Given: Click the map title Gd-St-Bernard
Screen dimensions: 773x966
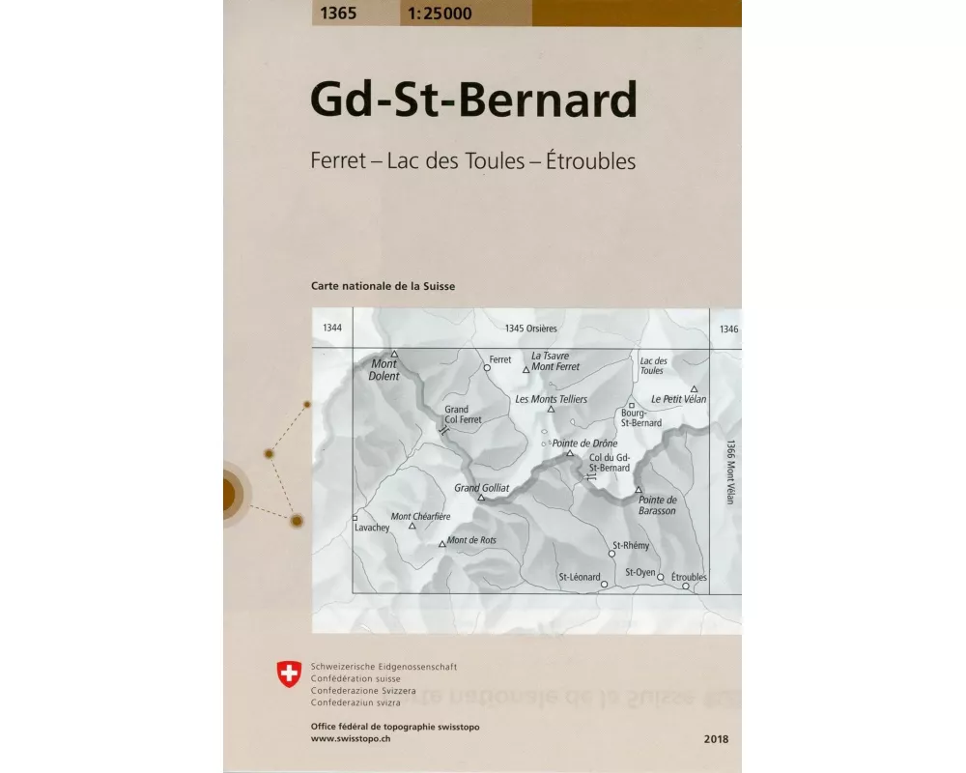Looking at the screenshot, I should pos(473,100).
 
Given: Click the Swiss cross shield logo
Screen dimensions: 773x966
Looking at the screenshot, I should pos(289,673).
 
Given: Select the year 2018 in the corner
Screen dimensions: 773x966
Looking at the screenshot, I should pos(717,739).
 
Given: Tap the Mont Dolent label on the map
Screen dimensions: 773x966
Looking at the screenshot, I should pos(384,370).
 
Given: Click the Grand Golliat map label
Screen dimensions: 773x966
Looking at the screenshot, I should pos(481,488).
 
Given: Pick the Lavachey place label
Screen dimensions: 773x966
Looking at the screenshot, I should pos(372,529).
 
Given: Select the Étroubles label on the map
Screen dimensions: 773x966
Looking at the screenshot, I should pos(689,577).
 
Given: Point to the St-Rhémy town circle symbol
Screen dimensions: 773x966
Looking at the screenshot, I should pos(611,555).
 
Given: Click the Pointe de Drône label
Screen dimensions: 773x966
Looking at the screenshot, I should pos(583,444).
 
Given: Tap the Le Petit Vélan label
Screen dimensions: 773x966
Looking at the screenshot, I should pos(679,398).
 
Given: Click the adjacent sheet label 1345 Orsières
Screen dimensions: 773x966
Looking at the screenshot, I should pos(530,329).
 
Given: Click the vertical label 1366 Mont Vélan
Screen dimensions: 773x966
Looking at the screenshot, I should pos(730,473).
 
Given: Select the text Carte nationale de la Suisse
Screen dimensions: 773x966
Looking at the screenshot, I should pos(383,286).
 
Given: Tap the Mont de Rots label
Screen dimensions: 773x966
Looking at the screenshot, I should pos(471,540).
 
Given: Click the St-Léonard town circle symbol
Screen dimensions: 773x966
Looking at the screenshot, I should pos(604,584).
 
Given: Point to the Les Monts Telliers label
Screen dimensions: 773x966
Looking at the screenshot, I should pos(552,398).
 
